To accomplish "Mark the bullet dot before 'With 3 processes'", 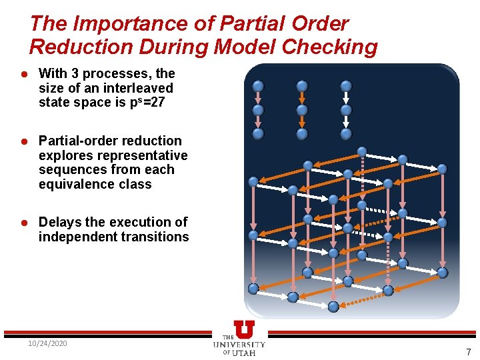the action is pos(23,74).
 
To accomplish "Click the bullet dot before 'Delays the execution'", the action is pos(23,223).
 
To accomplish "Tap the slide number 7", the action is pos(468,352).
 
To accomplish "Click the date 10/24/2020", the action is pos(47,343).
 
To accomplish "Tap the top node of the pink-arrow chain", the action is pos(258,86).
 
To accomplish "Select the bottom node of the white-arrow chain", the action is pos(346,133).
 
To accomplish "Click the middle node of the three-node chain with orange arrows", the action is pos(302,110).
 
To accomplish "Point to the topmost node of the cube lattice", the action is pos(361,151).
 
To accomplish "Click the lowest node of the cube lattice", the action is pos(333,306).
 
